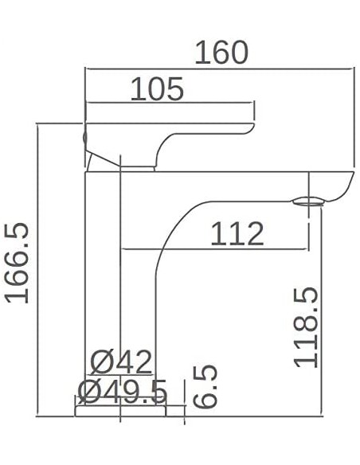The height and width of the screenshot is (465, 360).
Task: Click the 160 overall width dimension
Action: pyautogui.click(x=221, y=53)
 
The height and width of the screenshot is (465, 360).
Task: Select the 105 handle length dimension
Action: pyautogui.click(x=157, y=89)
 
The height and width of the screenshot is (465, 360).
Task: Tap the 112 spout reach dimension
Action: pyautogui.click(x=237, y=234)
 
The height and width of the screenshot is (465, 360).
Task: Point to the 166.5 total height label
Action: pyautogui.click(x=18, y=263)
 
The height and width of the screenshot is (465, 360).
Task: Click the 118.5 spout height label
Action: pyautogui.click(x=306, y=327)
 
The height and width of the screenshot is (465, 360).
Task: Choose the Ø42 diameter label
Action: pyautogui.click(x=120, y=363)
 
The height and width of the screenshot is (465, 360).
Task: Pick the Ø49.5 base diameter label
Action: pyautogui.click(x=123, y=391)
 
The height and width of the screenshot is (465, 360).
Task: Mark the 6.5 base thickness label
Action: pyautogui.click(x=205, y=387)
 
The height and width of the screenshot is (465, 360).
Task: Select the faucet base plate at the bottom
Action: pyautogui.click(x=119, y=410)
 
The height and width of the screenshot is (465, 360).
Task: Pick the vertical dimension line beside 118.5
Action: pyautogui.click(x=321, y=311)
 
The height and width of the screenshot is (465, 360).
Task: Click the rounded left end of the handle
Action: pyautogui.click(x=85, y=136)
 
